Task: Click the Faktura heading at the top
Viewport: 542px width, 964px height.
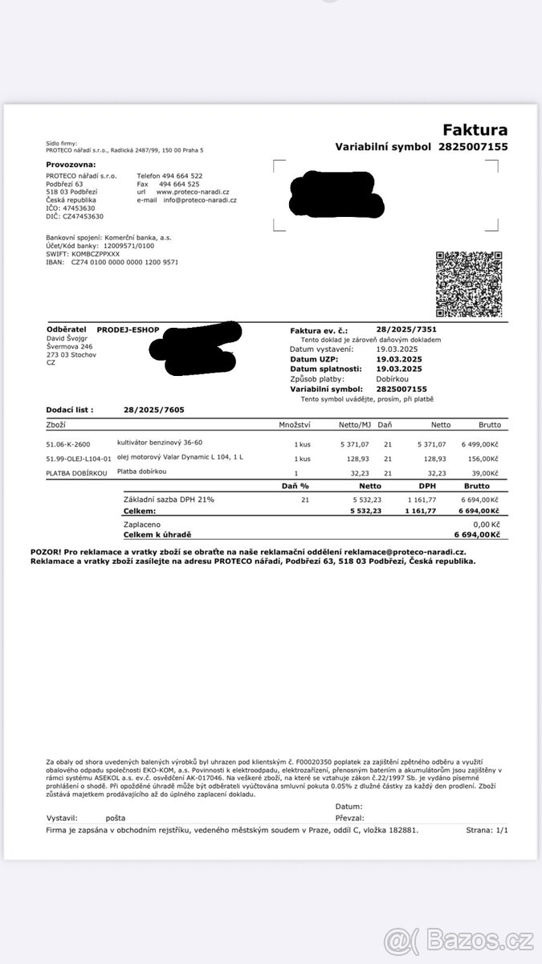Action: click(x=475, y=130)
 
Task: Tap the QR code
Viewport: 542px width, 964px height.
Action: click(x=469, y=284)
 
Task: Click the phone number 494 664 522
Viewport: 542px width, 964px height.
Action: click(x=181, y=175)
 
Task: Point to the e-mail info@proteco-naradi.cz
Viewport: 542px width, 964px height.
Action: click(x=200, y=200)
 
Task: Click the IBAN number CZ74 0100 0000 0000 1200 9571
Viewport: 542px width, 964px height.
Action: click(x=124, y=262)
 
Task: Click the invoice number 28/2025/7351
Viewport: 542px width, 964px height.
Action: click(x=406, y=329)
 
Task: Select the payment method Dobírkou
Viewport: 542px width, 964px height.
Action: click(x=393, y=378)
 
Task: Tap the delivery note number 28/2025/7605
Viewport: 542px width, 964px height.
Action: click(x=153, y=410)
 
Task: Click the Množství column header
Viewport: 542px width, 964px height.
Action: click(x=295, y=424)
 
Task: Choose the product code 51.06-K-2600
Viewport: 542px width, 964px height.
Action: click(x=68, y=443)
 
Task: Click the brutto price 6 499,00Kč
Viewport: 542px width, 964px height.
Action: click(x=481, y=443)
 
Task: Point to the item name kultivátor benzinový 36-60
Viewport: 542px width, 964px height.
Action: click(x=159, y=443)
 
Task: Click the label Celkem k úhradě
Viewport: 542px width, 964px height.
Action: click(x=157, y=534)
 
